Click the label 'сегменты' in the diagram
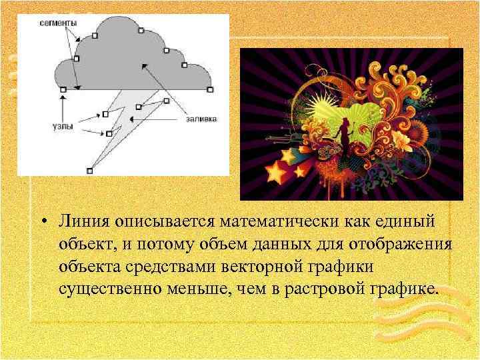[58, 23]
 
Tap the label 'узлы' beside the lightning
[63, 125]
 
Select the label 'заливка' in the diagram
[201, 120]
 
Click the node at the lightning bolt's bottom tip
[91, 171]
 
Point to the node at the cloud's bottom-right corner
[210, 89]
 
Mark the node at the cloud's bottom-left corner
[63, 89]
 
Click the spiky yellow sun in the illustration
[325, 107]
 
